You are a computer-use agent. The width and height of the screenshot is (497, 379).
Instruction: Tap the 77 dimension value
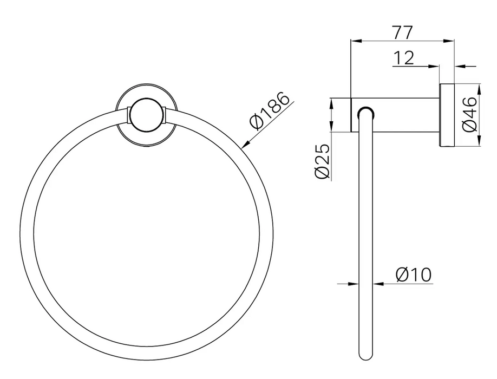coord(403,32)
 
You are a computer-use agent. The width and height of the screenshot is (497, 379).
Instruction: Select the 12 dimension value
coord(403,58)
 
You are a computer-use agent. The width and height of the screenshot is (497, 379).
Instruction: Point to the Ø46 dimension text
coord(469,114)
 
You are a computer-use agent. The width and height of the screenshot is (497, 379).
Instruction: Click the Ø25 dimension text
coord(323,161)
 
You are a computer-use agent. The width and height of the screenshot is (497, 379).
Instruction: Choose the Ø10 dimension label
coord(414,275)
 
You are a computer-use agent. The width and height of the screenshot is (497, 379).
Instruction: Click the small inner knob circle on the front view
coord(146,115)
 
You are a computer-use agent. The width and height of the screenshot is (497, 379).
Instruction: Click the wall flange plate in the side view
coord(447,115)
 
